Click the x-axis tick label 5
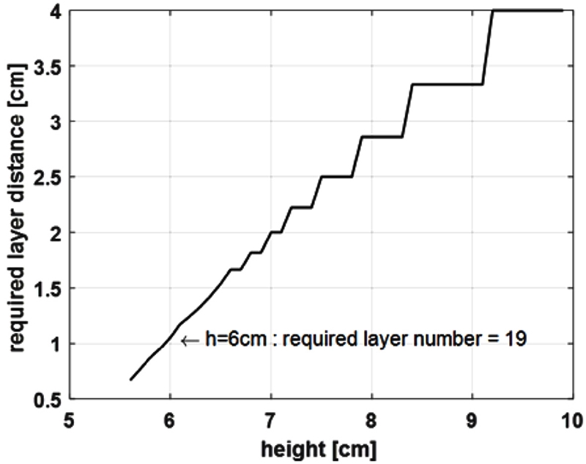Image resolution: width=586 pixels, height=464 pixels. coord(70,419)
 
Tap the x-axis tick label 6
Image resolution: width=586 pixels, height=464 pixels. coord(170,419)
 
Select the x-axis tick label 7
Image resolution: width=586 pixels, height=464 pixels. coord(270,419)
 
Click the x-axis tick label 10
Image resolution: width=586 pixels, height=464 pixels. coord(569,419)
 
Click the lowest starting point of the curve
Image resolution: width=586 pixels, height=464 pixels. coord(130,379)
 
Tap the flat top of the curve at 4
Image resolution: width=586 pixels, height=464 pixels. coord(527,10)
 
